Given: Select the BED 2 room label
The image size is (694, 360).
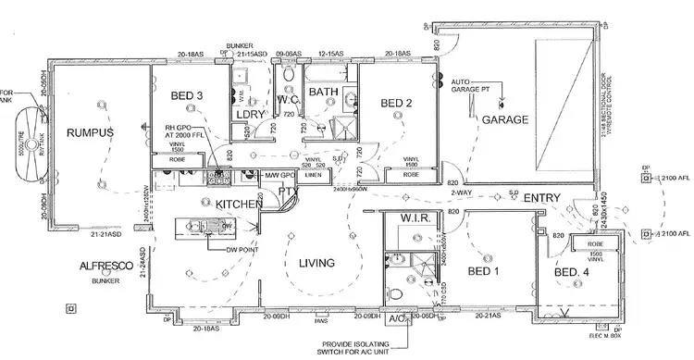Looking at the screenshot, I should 396,102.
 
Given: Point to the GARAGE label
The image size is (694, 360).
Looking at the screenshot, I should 503,120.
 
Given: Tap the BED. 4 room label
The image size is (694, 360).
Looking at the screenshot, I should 572,273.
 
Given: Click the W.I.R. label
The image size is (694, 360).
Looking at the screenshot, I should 413,219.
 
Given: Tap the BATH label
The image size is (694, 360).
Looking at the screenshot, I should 324,92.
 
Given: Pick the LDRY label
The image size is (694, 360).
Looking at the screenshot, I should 251,114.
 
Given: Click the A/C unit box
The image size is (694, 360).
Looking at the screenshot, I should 398,320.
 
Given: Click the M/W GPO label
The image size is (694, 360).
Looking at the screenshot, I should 279,175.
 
